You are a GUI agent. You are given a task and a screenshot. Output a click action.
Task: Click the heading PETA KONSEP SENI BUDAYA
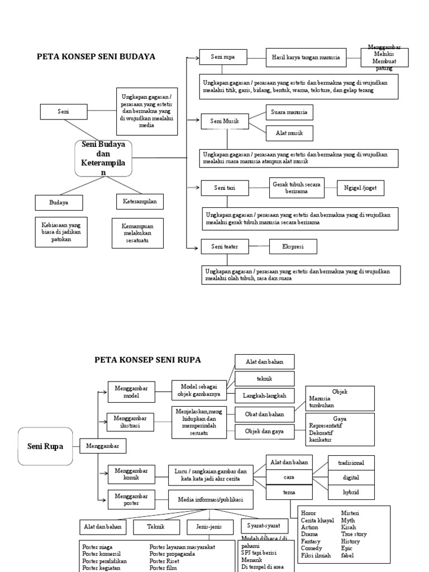pyautogui.click(x=96, y=56)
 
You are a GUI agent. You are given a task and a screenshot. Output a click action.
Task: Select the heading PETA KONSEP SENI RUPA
pyautogui.click(x=147, y=360)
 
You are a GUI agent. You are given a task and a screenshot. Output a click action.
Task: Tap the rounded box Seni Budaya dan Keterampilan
pyautogui.click(x=103, y=158)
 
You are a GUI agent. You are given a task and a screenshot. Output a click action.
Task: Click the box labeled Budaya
pyautogui.click(x=59, y=202)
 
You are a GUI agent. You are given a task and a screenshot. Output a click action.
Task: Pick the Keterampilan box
pyautogui.click(x=140, y=201)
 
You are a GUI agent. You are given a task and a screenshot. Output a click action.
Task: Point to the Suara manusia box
pyautogui.click(x=289, y=112)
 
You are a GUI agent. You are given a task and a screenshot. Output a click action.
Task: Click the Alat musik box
pyautogui.click(x=289, y=134)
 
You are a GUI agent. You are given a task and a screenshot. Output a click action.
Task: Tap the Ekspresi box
pyautogui.click(x=293, y=246)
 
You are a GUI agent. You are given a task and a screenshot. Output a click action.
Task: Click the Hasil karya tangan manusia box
pyautogui.click(x=306, y=56)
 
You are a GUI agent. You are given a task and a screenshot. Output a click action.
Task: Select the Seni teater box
pyautogui.click(x=223, y=246)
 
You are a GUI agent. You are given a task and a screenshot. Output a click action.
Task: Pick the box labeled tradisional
pyautogui.click(x=351, y=463)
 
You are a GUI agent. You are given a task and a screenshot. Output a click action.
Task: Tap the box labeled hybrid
pyautogui.click(x=351, y=492)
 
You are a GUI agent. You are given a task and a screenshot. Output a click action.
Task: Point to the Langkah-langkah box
pyautogui.click(x=264, y=395)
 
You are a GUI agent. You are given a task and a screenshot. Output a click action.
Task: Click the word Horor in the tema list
pyautogui.click(x=308, y=513)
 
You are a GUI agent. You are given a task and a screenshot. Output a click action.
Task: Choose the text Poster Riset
pyautogui.click(x=164, y=561)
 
